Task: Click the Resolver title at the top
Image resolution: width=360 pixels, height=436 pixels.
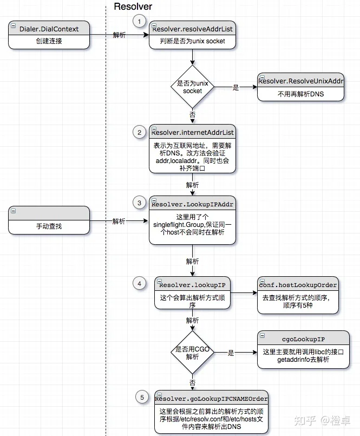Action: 133,6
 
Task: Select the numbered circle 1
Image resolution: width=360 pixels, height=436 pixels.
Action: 139,22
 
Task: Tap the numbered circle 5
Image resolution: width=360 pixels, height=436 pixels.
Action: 142,398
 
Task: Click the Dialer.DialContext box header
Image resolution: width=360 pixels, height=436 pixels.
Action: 49,29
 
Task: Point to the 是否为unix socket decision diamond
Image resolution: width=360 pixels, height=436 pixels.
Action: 192,87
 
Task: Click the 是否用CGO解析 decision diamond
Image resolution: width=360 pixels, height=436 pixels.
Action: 192,352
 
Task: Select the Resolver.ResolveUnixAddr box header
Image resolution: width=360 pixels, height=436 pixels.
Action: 301,81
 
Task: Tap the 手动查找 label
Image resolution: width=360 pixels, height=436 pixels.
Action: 49,226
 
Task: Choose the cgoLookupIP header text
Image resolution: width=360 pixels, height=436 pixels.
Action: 303,339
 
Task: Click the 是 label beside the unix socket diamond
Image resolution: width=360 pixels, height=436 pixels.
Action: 235,87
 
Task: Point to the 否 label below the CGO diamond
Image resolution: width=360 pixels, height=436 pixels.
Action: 192,382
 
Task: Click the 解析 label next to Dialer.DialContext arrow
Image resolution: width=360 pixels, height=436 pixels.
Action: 119,35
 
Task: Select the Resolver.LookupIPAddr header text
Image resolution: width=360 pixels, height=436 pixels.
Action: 192,204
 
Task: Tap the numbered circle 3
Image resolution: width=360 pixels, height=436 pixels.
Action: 139,203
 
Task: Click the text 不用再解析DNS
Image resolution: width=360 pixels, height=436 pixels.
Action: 301,94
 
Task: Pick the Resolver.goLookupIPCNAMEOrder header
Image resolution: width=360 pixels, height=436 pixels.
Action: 211,399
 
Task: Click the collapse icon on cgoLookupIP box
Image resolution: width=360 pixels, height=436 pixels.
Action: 262,336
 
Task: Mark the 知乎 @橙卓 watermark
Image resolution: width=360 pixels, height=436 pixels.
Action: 322,420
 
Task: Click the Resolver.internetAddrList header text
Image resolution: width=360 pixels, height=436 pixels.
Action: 192,132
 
